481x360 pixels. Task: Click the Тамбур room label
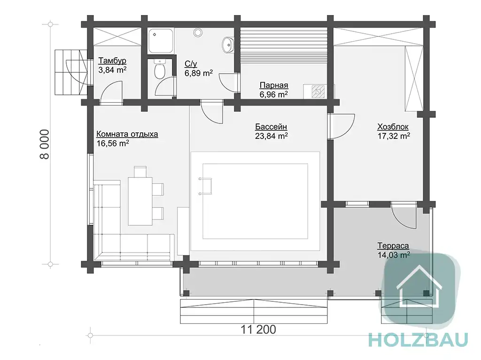point(112,61)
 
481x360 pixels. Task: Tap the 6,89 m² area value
point(199,73)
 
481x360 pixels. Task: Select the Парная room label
point(274,85)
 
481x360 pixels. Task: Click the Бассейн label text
point(271,127)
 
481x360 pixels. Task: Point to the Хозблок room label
point(393,127)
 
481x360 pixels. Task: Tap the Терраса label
point(393,245)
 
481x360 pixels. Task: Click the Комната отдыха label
point(127,134)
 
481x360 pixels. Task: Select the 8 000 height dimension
point(45,144)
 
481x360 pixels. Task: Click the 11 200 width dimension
point(258,329)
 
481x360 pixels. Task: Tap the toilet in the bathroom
point(159,69)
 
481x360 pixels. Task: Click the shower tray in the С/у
point(161,41)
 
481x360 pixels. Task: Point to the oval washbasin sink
point(228,45)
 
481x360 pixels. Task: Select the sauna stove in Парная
point(318,92)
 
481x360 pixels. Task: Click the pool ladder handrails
point(205,186)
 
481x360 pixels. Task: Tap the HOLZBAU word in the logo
point(419,340)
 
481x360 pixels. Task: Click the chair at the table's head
point(140,172)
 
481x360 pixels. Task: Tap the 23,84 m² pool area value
point(271,136)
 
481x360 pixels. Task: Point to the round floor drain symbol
point(198,32)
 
